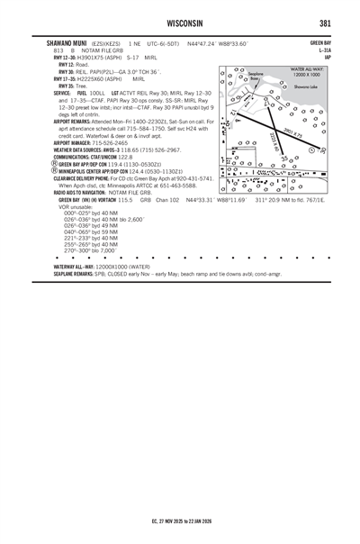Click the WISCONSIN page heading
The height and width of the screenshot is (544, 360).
tap(180, 22)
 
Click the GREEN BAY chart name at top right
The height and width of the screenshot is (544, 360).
tap(320, 42)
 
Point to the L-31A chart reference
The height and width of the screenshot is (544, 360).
tap(323, 50)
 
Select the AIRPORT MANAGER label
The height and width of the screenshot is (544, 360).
tap(79, 142)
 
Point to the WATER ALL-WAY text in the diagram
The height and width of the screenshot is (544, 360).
tap(307, 68)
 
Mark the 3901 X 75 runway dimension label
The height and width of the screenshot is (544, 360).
tap(293, 135)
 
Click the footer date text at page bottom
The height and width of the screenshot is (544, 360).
tap(180, 494)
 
